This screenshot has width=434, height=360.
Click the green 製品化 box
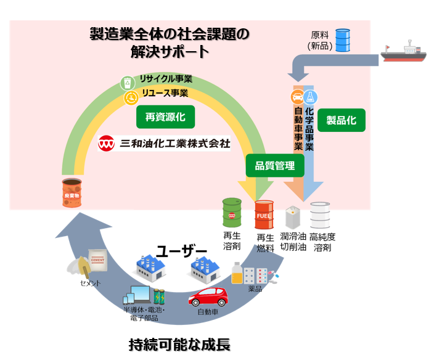[341, 120]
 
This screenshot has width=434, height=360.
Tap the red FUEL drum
[264, 215]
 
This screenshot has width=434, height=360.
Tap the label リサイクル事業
[166, 80]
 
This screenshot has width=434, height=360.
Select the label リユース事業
[164, 93]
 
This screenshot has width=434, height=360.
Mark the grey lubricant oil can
[292, 218]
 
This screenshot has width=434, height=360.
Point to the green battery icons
[159, 297]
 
